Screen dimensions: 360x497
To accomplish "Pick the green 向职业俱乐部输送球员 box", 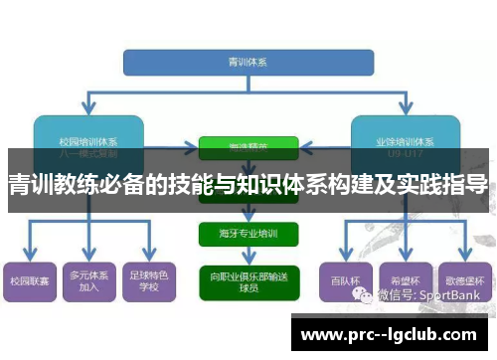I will point(248,279).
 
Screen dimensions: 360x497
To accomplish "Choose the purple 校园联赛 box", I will point(29,281).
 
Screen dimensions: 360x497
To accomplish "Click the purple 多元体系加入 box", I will point(88,281).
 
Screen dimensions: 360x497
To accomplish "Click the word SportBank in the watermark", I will point(452,294).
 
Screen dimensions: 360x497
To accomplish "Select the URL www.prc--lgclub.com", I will point(394,333).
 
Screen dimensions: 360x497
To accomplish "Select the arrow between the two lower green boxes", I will point(248,256).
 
